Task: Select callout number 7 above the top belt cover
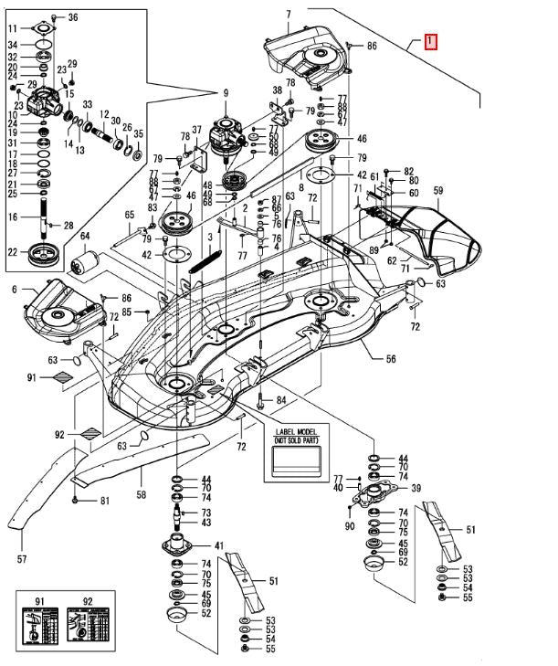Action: (288, 14)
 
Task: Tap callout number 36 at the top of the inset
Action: (73, 17)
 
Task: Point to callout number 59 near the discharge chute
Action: (437, 191)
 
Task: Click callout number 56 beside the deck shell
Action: (391, 360)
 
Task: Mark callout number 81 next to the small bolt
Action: (104, 501)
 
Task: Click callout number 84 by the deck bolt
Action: (281, 400)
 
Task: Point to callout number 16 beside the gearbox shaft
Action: (14, 217)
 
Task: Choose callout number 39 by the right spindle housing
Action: (416, 488)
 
